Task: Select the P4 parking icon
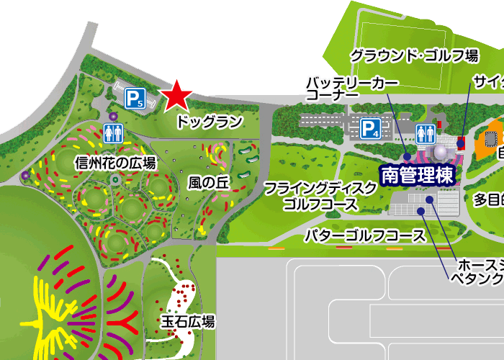coord(370,129)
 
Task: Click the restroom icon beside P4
coord(425,132)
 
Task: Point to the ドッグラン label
coord(209,122)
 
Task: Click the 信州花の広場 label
coord(115,163)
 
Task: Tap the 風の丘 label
coord(208,183)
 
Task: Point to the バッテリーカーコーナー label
coord(351,89)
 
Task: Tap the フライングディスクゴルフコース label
coord(320,196)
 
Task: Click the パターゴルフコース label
coord(365,235)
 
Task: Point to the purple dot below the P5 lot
coord(113,116)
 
